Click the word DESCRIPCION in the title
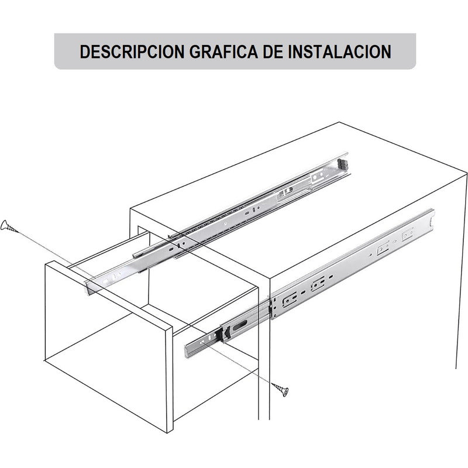132,51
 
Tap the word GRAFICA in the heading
223,51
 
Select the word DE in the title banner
273,51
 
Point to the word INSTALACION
340,51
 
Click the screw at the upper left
8,226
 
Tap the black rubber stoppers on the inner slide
343,164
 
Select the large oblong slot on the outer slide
240,325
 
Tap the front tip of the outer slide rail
187,352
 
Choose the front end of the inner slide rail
89,287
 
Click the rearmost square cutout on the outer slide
408,235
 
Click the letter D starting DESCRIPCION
85,51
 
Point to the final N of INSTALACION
386,51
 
